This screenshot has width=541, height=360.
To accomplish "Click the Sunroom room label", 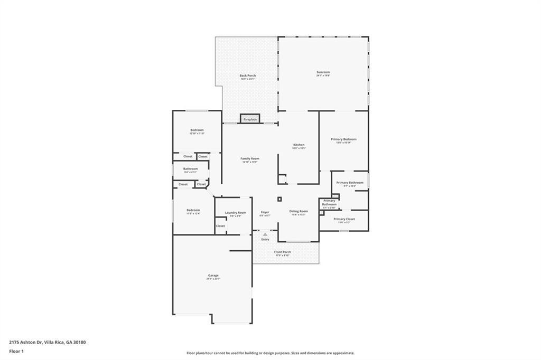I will point(323,72).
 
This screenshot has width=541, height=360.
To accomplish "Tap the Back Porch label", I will point(248,75).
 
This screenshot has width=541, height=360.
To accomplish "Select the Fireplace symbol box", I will point(250,119).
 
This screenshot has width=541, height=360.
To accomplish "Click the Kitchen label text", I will point(299,145).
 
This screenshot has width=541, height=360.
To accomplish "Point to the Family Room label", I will point(250,158).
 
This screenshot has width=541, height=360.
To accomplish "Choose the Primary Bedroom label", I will point(343,139).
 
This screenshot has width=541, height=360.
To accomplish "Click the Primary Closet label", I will point(344,219).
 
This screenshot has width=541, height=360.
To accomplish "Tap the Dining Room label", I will point(299,211).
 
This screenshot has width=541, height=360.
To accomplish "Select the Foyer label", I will point(265,212).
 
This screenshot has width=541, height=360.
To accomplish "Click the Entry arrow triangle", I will point(265,234).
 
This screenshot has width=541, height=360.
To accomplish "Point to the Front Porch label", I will point(282,252).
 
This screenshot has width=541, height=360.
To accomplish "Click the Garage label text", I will point(213,275).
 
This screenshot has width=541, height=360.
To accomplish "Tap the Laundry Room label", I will point(235,212).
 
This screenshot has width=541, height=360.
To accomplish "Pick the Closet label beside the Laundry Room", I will point(220,226).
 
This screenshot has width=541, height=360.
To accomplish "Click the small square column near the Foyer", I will point(279,199).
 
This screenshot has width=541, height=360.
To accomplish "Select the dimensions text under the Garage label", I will point(213,279).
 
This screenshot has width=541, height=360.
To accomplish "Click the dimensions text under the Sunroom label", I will point(323,75).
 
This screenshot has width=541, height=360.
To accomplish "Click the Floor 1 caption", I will point(17,351).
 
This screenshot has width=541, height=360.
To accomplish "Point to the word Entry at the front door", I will point(265,239).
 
